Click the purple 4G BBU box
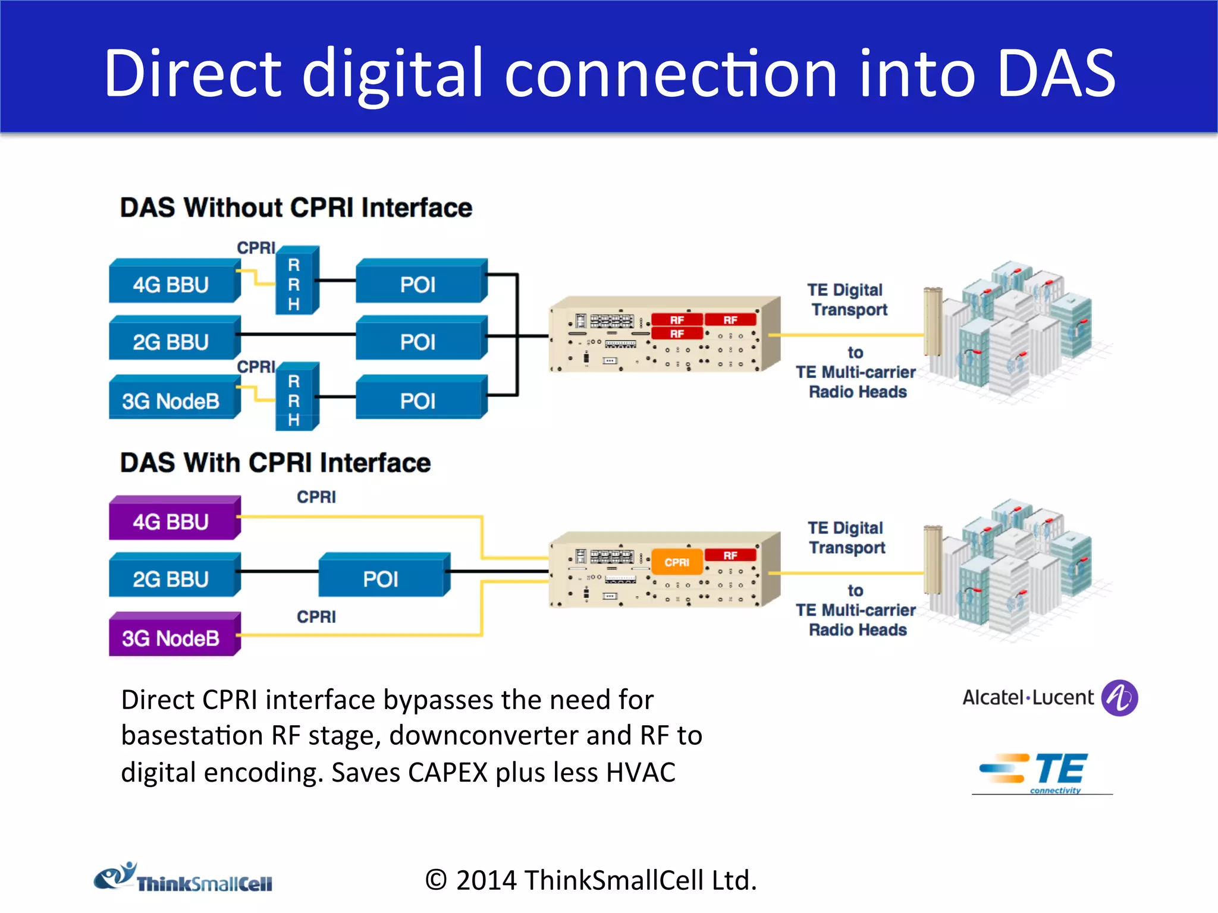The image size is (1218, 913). [172, 520]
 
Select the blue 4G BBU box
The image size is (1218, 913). [172, 283]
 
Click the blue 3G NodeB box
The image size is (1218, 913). [172, 399]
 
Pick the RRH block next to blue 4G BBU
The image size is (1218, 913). [296, 282]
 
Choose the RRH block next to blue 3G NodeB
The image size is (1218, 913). [296, 398]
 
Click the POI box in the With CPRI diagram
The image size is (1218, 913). [382, 577]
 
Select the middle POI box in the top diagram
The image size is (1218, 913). [419, 340]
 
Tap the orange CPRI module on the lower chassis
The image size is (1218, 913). [677, 562]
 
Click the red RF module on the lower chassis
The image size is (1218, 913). [730, 555]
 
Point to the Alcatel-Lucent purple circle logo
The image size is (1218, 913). [1119, 698]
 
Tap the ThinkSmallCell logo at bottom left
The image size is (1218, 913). [183, 879]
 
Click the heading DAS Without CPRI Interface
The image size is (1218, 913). [296, 208]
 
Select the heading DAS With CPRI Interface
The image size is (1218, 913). [275, 462]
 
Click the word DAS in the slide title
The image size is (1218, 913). [1055, 74]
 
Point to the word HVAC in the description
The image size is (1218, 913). [641, 773]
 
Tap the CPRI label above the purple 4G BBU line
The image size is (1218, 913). [316, 497]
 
